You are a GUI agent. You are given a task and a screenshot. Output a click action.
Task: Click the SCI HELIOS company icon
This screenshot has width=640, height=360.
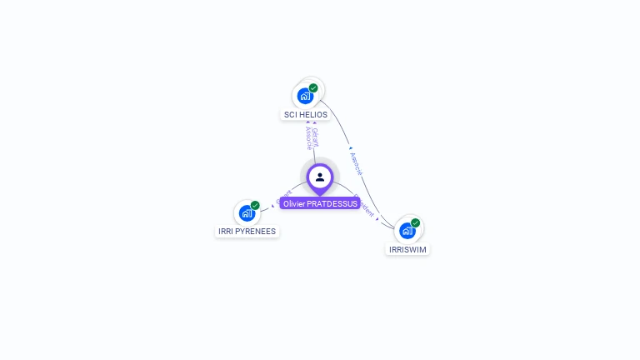[x=305, y=96]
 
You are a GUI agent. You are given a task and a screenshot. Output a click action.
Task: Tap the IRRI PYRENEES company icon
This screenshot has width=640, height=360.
[x=247, y=213]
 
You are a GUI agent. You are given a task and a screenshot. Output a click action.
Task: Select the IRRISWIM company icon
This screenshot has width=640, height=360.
[x=407, y=231]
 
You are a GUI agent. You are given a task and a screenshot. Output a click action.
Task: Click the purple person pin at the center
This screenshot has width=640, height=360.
[x=320, y=177]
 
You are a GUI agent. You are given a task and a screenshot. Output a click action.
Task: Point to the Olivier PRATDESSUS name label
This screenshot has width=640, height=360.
[x=320, y=203]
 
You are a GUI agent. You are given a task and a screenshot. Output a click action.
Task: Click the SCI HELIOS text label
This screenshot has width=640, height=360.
[x=306, y=115]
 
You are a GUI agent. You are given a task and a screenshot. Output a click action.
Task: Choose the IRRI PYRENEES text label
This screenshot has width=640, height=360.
[x=247, y=232]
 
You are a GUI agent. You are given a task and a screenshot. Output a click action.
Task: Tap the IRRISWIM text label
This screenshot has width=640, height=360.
[x=407, y=249]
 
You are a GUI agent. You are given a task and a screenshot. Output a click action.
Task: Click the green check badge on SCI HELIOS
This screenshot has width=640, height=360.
[x=313, y=87]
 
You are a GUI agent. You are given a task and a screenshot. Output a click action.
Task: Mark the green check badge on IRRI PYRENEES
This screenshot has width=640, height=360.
[x=255, y=205]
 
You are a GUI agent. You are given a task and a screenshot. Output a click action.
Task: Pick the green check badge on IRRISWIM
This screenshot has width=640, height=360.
[x=415, y=222]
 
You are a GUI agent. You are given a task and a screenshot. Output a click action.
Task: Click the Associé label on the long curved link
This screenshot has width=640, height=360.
[x=357, y=163]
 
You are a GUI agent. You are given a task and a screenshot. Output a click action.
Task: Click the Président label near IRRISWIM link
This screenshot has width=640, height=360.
[x=364, y=207]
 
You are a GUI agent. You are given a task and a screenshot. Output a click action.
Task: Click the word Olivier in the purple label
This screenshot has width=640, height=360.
[x=294, y=203]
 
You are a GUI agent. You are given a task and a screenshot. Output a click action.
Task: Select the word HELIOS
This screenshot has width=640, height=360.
[x=313, y=115]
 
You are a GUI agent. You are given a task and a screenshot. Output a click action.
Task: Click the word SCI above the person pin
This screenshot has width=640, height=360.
[x=291, y=115]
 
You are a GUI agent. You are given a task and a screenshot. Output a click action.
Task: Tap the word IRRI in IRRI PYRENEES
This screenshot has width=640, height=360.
[x=226, y=232]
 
